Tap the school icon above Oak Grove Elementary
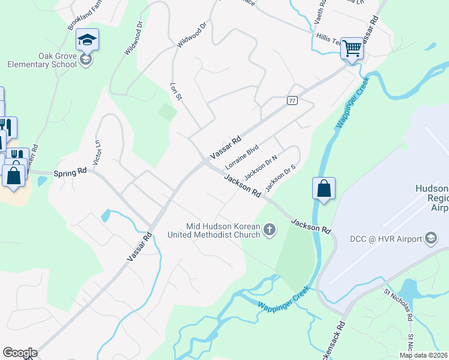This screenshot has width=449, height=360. point(87,40)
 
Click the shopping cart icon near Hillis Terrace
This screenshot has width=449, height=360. point(352,47)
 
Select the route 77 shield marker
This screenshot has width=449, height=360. point(292,100)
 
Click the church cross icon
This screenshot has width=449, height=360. point(270,229)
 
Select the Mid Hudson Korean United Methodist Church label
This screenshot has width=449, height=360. point(223,230)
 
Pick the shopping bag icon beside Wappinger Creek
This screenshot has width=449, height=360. point(324,188)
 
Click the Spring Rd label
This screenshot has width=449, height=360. point(70,172)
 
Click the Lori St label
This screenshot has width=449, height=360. point(175,93)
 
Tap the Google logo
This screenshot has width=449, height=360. point(20,353)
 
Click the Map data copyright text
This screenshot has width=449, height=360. point(423,355)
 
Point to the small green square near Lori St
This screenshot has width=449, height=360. point(167,111)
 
